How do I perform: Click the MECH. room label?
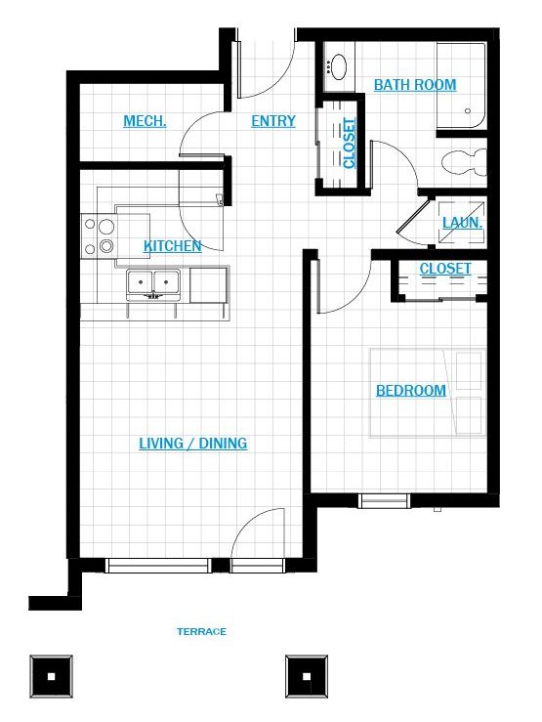click(145, 121)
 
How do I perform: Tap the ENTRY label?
click(273, 121)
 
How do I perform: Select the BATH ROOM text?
click(415, 85)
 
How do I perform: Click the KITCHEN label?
click(173, 246)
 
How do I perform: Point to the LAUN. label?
click(462, 223)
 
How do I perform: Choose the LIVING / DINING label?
click(193, 444)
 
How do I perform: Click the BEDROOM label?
click(411, 391)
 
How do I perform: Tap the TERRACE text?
click(201, 632)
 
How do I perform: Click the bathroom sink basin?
click(339, 66)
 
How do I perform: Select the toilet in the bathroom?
click(463, 162)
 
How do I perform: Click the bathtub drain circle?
click(468, 111)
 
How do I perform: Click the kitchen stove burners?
click(99, 235)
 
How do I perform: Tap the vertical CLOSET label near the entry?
click(350, 144)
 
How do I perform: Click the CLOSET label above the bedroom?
click(445, 269)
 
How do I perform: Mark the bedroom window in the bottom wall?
click(384, 500)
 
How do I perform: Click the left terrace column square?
click(51, 676)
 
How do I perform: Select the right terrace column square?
click(307, 676)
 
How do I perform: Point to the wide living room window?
click(158, 566)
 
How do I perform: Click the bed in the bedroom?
click(428, 393)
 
